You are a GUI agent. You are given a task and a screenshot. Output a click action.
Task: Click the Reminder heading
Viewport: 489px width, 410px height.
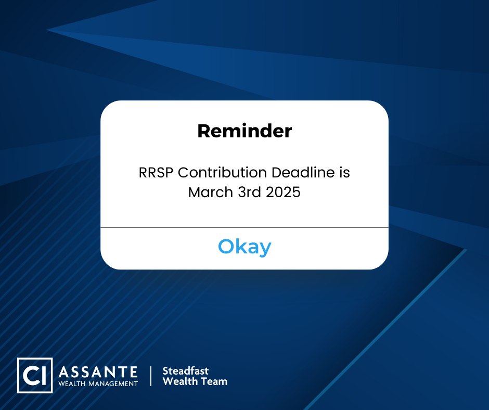[244, 131]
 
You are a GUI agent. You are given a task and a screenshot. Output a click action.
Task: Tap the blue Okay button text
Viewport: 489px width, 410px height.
[244, 247]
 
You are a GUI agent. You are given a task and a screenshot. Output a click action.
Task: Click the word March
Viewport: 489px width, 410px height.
[211, 192]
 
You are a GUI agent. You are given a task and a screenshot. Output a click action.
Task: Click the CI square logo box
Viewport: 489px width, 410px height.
[35, 375]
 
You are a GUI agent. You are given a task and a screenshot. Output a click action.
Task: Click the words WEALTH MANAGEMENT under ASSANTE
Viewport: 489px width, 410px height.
[99, 383]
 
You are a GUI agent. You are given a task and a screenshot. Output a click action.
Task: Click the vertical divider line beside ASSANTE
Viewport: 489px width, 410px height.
[151, 376]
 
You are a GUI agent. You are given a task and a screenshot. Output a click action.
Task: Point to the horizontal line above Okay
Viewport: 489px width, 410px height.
[244, 227]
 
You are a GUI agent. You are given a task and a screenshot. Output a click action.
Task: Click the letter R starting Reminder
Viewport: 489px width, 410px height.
[203, 131]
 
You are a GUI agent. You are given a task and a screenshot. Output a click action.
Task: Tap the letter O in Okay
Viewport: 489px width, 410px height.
[226, 247]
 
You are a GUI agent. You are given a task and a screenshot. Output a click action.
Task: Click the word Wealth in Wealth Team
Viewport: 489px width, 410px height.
[180, 381]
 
